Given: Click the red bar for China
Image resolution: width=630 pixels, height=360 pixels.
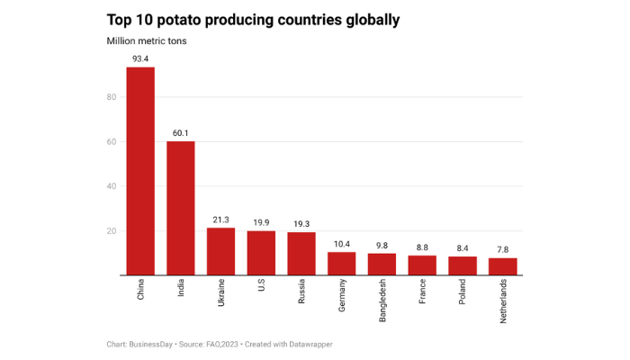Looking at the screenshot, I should [140, 171].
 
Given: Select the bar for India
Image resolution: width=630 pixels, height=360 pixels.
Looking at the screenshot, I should [180, 208].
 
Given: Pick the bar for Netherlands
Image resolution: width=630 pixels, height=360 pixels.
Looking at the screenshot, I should [503, 266].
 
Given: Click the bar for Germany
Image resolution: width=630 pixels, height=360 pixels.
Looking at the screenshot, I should [341, 264].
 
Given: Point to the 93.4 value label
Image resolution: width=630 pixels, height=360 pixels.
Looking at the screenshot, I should [140, 58].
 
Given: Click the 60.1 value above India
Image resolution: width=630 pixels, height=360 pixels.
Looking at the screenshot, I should [180, 133].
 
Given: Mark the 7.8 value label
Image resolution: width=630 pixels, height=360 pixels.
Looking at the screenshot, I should [503, 249].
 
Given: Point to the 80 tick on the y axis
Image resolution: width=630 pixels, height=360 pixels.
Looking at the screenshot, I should [111, 97].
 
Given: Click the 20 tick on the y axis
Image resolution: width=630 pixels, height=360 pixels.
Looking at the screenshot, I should [111, 231].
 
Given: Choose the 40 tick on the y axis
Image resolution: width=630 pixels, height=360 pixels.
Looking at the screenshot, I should [111, 186].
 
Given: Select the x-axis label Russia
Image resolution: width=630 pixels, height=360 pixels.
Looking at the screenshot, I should [301, 295].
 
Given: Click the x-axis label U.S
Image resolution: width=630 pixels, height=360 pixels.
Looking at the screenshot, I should [261, 291].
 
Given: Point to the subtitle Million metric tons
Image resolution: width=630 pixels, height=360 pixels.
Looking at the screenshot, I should [147, 40].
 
